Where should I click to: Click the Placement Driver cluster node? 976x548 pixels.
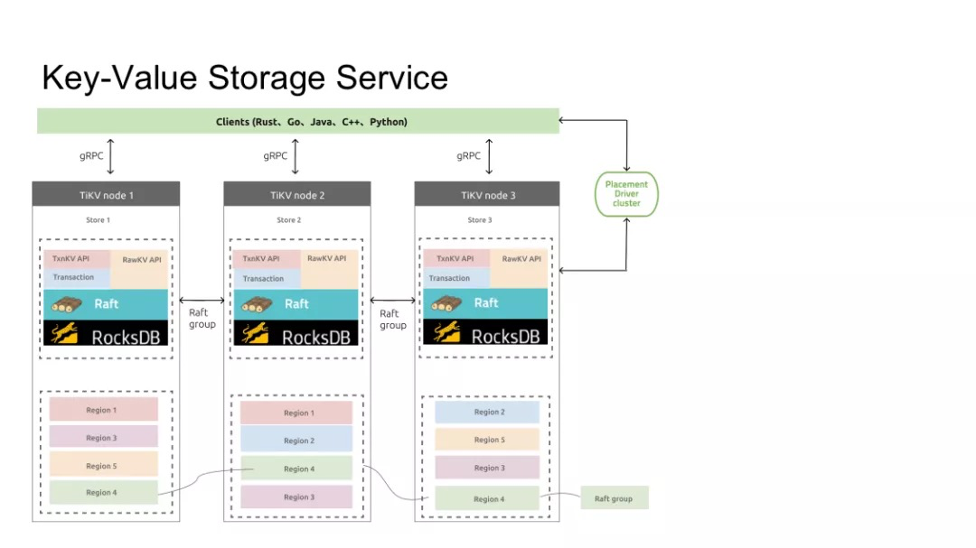coord(626,194)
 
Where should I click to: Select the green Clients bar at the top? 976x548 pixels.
coord(298,121)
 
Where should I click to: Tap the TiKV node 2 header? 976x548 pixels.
coord(297,195)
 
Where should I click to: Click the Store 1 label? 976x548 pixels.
coord(98,220)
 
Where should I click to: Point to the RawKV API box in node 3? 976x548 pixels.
coord(520,267)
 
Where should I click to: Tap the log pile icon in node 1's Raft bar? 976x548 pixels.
coord(67,304)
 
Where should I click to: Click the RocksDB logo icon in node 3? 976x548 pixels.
coord(447,332)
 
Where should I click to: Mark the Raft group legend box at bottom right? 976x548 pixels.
coord(615,498)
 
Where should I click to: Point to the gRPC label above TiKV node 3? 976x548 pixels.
coord(468,155)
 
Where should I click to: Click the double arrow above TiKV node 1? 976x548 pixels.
coord(110,157)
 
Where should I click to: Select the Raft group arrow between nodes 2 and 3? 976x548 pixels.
coord(393,301)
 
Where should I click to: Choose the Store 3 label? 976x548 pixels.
coord(479,220)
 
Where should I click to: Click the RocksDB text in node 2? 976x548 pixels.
coord(316,338)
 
